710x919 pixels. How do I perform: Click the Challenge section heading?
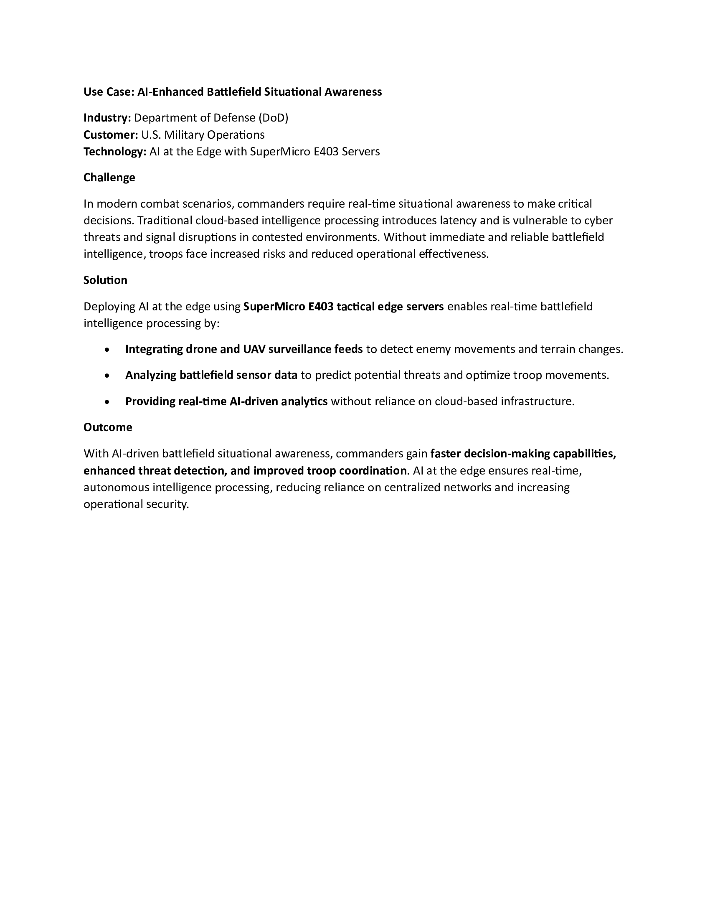tap(109, 178)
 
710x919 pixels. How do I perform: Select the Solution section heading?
tap(105, 280)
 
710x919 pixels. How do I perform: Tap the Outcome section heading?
tap(108, 427)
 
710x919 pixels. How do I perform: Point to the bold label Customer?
tap(111, 135)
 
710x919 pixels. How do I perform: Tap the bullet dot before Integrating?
tap(108, 350)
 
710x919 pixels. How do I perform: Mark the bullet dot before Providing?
tap(108, 402)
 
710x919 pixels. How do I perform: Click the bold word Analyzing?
tap(151, 375)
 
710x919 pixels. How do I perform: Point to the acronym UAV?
tap(254, 349)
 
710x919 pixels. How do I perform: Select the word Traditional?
tap(165, 221)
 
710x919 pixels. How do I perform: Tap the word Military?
tap(181, 135)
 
